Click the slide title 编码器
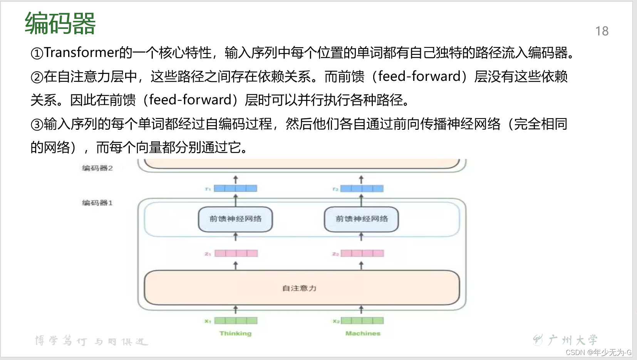[60, 23]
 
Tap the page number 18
[602, 31]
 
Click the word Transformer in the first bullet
[81, 52]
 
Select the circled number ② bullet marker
[37, 77]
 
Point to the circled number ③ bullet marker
[37, 124]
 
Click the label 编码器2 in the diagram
[97, 168]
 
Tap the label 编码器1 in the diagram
[97, 203]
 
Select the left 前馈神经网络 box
[235, 219]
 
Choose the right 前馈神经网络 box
[361, 219]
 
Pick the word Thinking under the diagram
[235, 333]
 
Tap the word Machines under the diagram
[363, 333]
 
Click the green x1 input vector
[236, 321]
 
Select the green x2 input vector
[362, 321]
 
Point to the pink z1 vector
[236, 253]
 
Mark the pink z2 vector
[362, 253]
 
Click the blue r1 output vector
[235, 188]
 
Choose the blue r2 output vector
[362, 188]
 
